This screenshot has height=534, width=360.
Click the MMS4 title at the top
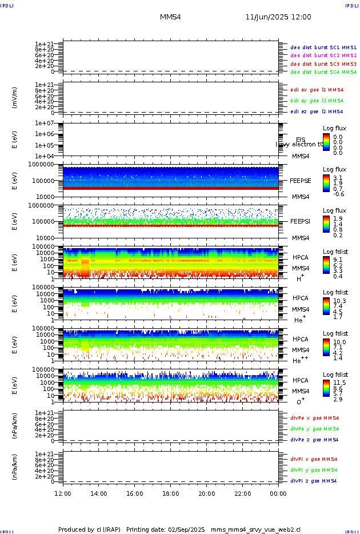tap(170, 17)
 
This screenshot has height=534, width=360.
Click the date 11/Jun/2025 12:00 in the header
tap(278, 17)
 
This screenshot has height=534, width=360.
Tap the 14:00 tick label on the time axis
tap(99, 493)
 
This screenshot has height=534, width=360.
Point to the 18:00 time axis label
tap(171, 493)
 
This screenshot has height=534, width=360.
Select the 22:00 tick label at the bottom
tap(242, 493)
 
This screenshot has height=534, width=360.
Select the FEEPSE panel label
tap(301, 180)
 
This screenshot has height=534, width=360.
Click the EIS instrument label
tap(301, 140)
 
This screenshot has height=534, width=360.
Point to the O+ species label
tap(301, 401)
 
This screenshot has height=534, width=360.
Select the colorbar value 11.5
tap(338, 382)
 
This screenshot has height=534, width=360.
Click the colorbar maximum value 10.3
tap(338, 300)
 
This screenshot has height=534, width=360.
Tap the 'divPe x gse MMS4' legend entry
tap(314, 418)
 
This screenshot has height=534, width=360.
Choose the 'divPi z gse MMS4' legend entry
tap(314, 481)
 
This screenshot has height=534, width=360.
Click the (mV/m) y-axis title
tap(15, 98)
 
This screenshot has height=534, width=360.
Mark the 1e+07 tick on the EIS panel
tap(44, 123)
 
